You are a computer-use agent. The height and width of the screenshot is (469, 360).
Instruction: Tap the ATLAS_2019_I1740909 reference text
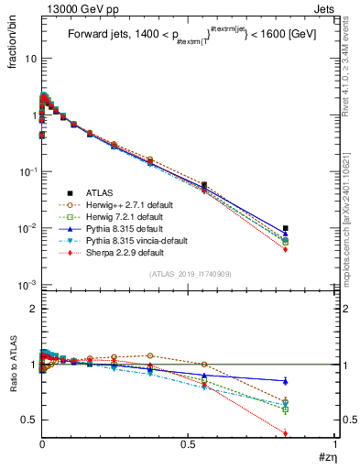(189, 274)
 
